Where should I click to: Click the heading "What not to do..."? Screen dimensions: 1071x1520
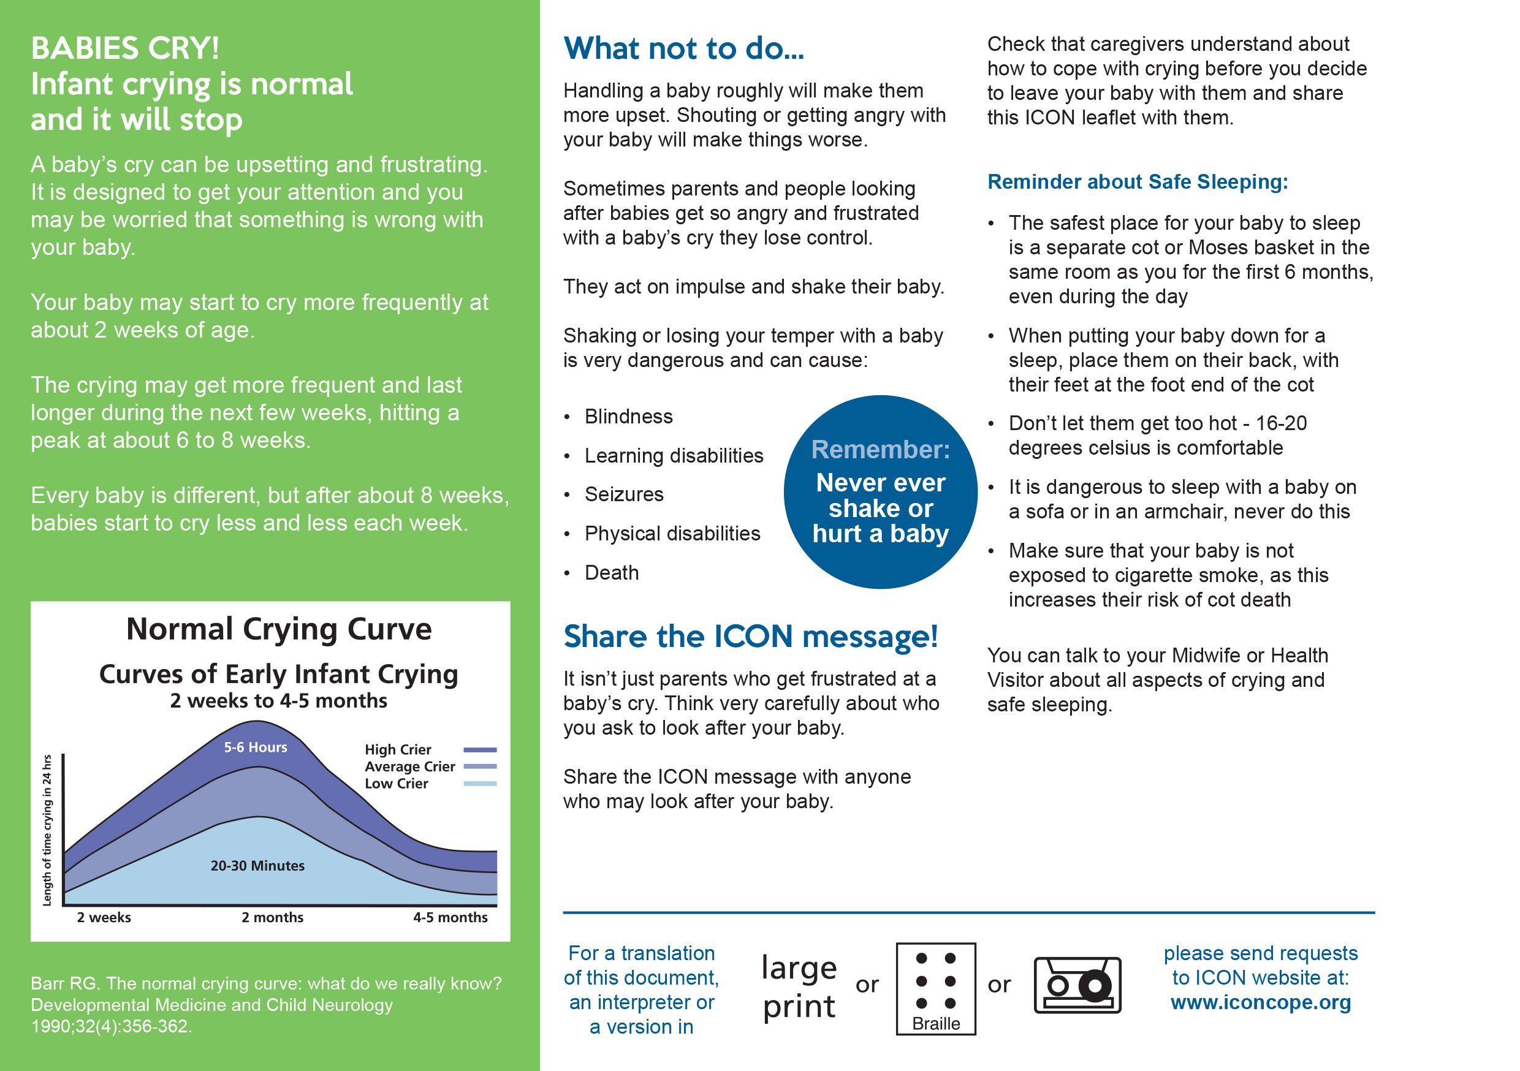(683, 49)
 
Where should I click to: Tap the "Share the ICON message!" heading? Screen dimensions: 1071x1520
(750, 637)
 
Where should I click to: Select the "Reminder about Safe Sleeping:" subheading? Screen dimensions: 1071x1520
(1137, 181)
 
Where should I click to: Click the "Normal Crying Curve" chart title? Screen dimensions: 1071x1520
(279, 629)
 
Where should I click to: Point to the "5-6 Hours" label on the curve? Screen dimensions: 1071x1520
(256, 747)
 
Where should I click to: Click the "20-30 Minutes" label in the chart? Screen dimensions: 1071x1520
(257, 866)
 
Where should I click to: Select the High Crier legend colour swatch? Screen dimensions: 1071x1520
(480, 750)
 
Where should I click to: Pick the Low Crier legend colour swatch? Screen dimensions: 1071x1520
(480, 784)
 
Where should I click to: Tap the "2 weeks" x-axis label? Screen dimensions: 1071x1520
(104, 917)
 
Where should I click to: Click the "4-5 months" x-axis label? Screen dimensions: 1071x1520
(450, 917)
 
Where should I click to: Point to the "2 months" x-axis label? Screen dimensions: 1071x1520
(272, 917)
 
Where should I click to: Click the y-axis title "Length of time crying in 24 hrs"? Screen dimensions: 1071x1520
(47, 830)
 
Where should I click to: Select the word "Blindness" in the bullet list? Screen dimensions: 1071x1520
(628, 417)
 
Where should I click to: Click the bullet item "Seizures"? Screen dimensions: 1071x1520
(623, 494)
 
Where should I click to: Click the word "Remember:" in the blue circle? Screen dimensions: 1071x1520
(881, 450)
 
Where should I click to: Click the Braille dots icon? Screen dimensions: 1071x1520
(935, 981)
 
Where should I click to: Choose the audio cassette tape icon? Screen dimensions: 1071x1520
(1077, 985)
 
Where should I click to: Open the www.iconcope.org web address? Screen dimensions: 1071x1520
(1261, 1002)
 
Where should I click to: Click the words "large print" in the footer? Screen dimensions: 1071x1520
(799, 986)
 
